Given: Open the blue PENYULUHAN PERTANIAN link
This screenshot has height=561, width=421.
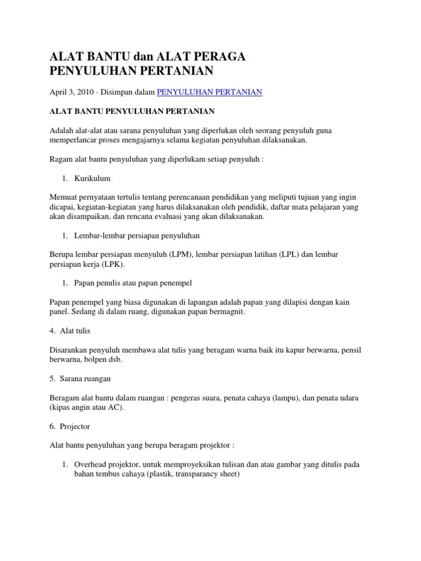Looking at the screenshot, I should (210, 92).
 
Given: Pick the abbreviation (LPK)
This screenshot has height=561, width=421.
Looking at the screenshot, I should (113, 264).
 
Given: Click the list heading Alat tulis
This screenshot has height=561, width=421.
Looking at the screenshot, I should (75, 331).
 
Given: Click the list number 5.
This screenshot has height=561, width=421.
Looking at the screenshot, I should (52, 379).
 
